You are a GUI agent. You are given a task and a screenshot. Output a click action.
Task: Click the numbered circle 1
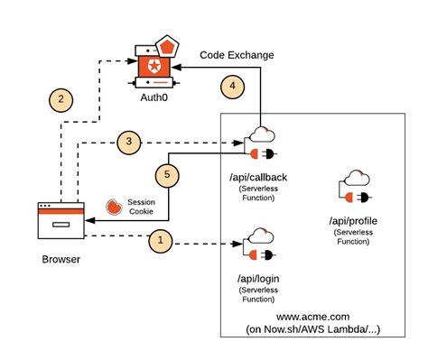pos(159,240)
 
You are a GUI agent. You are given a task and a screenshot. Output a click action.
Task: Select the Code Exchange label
pos(237,55)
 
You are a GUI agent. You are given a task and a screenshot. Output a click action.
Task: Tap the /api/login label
pos(258,277)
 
